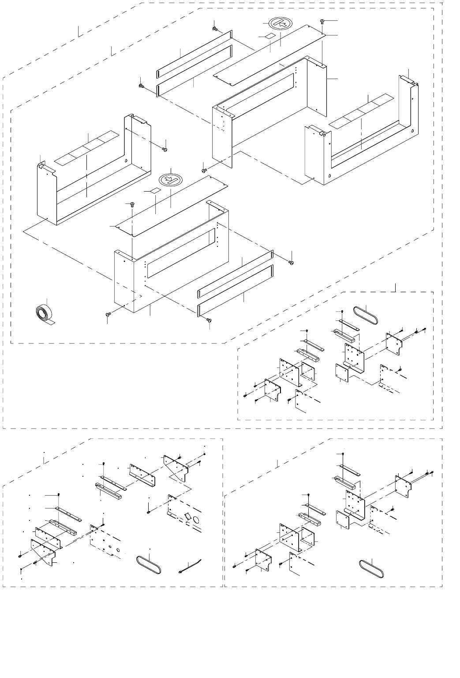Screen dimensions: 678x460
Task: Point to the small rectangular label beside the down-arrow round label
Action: (x=155, y=191)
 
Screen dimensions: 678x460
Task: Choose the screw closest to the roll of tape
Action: (x=107, y=314)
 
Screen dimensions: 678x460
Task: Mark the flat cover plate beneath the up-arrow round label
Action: (x=269, y=55)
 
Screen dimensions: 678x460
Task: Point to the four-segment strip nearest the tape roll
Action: (x=87, y=144)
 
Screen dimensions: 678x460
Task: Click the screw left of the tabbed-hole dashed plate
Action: (x=149, y=512)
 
